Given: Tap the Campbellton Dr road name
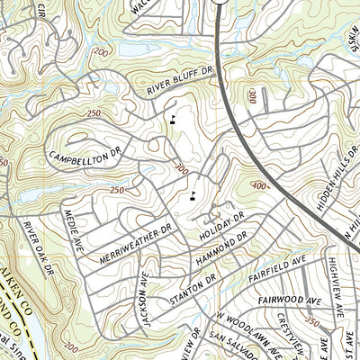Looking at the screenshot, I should tap(85, 151).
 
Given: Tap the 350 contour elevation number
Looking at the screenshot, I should tap(312, 319).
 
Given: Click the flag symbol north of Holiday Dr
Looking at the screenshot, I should tap(193, 192).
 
